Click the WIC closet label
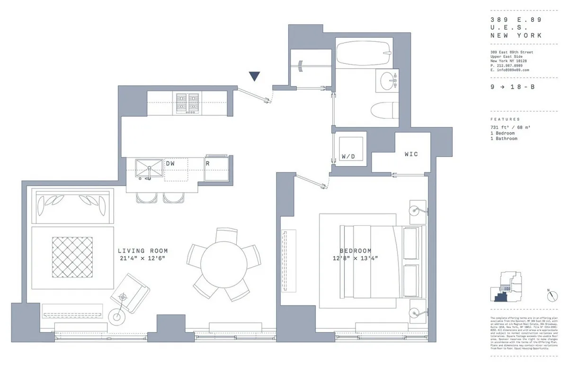(x=411, y=154)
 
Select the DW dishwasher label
(x=170, y=163)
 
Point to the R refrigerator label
(x=207, y=163)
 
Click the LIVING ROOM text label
(x=142, y=251)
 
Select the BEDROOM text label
(x=355, y=251)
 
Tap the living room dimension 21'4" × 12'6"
(x=142, y=258)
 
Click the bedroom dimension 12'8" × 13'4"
(x=355, y=258)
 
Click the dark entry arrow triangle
(x=255, y=76)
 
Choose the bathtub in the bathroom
(x=364, y=54)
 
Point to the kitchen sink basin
(x=149, y=168)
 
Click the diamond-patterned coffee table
(x=72, y=257)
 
